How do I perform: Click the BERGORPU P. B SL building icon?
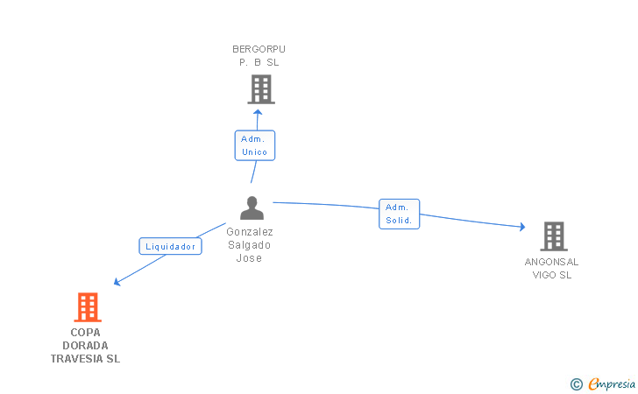261,89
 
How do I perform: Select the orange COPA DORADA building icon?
88,307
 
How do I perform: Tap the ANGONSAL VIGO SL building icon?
554,236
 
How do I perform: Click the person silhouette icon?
252,208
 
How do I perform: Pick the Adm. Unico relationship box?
255,145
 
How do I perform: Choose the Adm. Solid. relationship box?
399,214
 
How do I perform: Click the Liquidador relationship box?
171,246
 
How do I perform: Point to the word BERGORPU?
259,49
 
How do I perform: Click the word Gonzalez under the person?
250,232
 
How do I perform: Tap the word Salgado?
249,245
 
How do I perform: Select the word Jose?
249,258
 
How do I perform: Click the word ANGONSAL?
551,262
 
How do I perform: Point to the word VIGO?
544,275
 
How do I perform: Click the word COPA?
86,333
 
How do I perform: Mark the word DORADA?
85,346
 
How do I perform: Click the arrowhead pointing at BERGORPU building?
258,112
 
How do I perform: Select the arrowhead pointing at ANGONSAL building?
522,227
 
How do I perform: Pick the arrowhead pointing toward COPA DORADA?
117,282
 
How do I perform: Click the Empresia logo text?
612,383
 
